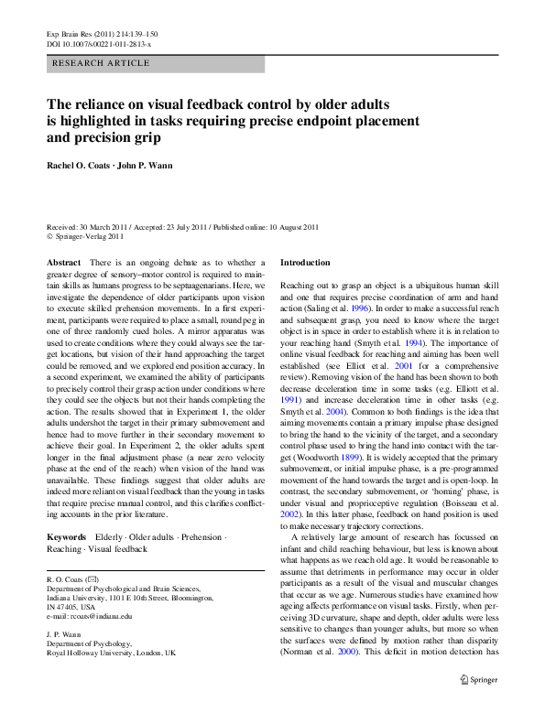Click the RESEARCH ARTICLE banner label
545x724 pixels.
[x=102, y=63]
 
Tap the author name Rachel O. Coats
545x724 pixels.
[x=83, y=165]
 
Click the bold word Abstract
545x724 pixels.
[x=63, y=263]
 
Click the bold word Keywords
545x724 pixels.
[x=67, y=536]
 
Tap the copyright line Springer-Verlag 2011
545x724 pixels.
[x=89, y=235]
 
